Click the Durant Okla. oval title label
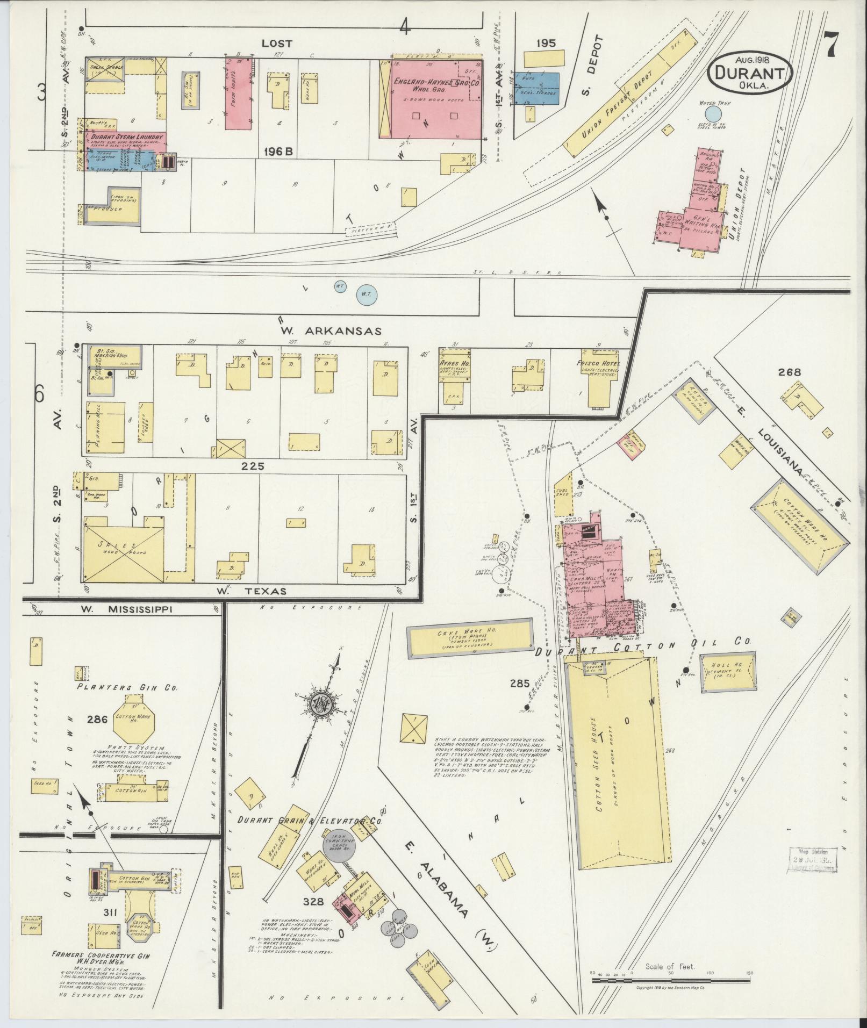coord(750,74)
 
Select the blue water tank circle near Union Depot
coord(713,114)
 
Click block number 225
coord(253,466)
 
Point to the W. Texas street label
coord(250,591)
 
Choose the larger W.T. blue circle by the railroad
coord(367,294)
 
